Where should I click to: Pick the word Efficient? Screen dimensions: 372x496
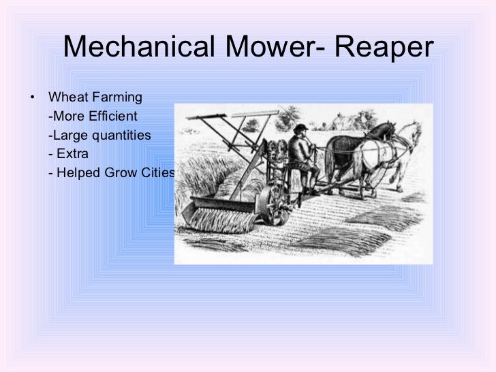(x=112, y=115)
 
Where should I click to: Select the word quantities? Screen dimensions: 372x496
(x=121, y=134)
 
